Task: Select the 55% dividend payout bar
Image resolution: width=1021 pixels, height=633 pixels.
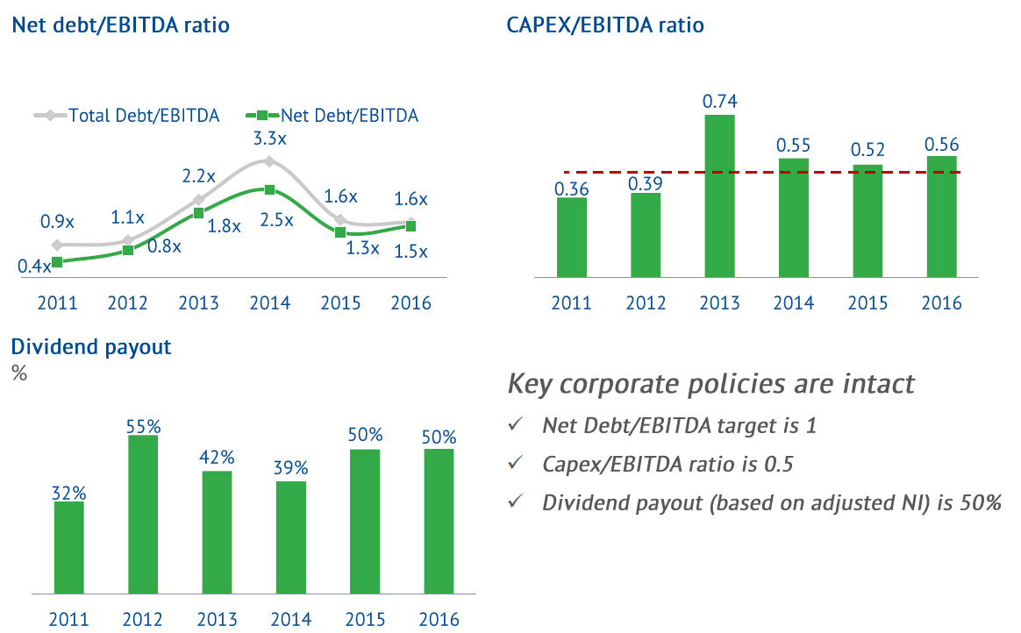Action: point(143,515)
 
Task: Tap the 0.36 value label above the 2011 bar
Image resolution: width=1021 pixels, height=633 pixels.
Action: point(571,188)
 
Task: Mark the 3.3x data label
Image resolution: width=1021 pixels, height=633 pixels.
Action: point(269,138)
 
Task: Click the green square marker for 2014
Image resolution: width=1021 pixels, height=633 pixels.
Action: point(269,189)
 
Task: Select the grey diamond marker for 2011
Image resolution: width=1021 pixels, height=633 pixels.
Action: point(57,245)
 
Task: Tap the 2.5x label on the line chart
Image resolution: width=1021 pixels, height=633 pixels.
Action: point(276,219)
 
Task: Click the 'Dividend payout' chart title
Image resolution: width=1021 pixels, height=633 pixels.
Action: point(90,346)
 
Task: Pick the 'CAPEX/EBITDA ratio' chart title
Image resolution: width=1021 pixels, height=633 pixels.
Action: point(605,25)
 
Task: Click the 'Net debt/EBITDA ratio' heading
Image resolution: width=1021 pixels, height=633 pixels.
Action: point(120,25)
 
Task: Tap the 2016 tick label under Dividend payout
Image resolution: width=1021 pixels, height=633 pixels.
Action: point(439,619)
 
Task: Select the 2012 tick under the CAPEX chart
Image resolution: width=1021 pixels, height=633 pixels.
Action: point(646,303)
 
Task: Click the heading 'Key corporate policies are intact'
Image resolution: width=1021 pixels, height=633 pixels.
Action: point(711,384)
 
